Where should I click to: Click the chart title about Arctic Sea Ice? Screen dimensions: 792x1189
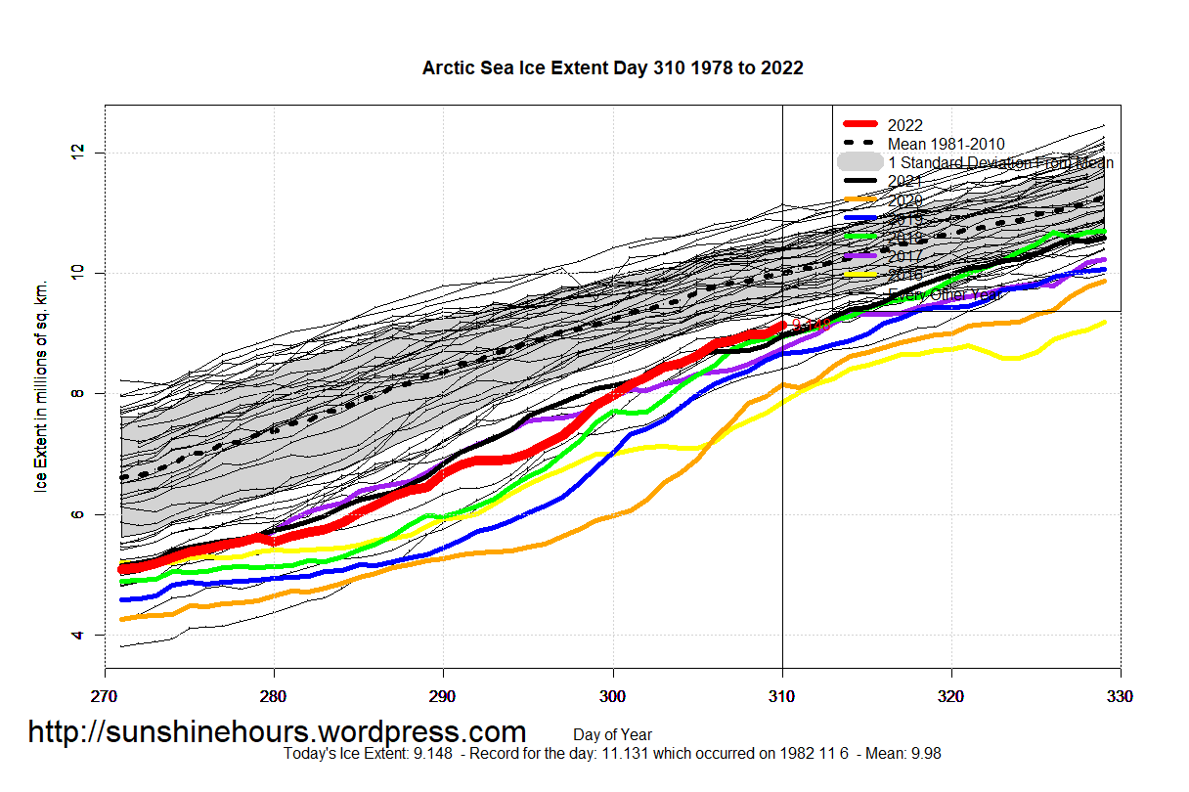pos(612,67)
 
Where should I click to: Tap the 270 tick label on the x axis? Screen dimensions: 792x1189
pos(105,697)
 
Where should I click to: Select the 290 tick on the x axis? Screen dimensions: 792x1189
pos(443,697)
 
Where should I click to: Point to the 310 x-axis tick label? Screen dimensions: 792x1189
pos(782,697)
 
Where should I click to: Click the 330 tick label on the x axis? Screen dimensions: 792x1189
pos(1121,697)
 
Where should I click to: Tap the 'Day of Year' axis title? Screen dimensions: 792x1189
pos(612,734)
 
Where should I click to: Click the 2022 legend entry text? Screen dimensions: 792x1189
pos(905,125)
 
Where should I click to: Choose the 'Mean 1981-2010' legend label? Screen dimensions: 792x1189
pos(947,144)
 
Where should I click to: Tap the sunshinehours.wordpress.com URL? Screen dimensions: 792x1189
pos(277,731)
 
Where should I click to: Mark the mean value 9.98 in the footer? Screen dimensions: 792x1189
pos(924,754)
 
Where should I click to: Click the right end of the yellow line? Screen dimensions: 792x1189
pos(1104,322)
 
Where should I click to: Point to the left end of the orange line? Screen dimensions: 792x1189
pos(121,619)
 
